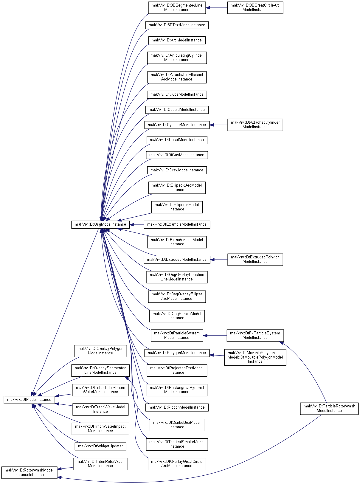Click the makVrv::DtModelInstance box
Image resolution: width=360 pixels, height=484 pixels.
click(x=29, y=400)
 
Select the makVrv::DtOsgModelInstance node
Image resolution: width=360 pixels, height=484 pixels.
click(x=100, y=224)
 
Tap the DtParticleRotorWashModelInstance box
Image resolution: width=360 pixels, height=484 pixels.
click(x=329, y=409)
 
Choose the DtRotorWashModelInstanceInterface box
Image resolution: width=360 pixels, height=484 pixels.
click(x=29, y=473)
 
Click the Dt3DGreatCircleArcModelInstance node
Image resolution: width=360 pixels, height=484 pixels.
click(x=255, y=8)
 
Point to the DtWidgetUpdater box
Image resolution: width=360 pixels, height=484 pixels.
click(x=100, y=446)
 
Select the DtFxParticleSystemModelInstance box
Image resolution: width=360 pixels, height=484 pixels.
click(x=255, y=336)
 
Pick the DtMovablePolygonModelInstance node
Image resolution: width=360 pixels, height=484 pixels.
click(x=255, y=357)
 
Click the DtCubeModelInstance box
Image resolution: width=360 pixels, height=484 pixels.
click(x=177, y=95)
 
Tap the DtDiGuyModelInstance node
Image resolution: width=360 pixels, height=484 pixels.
click(x=177, y=155)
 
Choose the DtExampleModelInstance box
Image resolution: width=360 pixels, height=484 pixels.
click(x=177, y=224)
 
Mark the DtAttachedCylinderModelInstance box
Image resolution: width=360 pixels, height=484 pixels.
click(x=255, y=125)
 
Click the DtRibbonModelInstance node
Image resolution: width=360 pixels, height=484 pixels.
click(x=177, y=408)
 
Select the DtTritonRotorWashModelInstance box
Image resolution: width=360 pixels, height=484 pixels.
click(x=100, y=464)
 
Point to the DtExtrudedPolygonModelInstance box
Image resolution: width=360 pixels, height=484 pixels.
click(x=255, y=260)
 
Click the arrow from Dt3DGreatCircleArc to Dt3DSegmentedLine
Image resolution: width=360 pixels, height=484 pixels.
click(x=216, y=8)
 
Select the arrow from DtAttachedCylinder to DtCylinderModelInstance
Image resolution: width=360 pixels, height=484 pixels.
click(x=218, y=125)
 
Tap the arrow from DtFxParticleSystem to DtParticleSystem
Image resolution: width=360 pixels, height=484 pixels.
click(x=215, y=336)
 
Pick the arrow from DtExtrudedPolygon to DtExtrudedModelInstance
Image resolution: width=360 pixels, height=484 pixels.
click(x=219, y=260)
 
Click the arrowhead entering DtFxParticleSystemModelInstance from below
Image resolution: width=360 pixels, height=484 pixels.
click(x=282, y=343)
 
